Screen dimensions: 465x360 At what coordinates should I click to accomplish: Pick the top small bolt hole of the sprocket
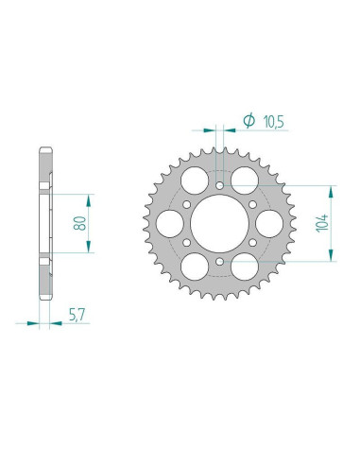[218, 186]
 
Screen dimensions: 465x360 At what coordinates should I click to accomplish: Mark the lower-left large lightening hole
[194, 267]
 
